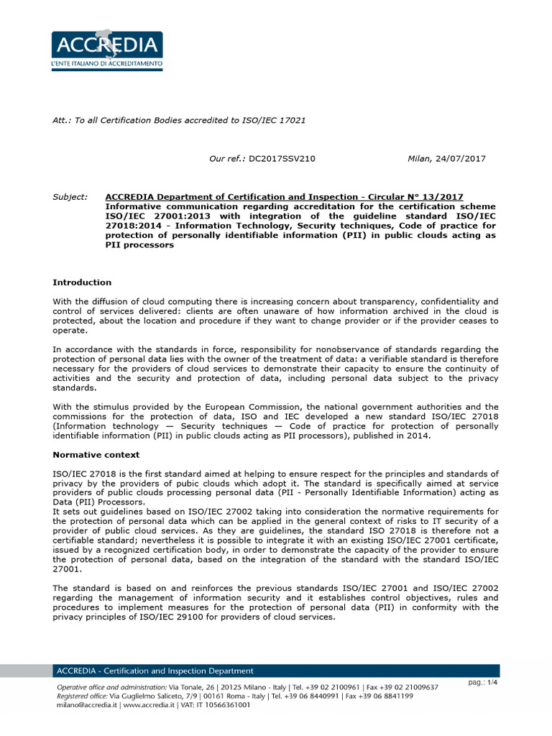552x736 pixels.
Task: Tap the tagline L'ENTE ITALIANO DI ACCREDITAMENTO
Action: [106, 65]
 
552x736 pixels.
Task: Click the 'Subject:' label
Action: [70, 197]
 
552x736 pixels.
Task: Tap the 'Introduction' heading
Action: [82, 282]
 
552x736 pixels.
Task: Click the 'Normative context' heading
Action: [96, 455]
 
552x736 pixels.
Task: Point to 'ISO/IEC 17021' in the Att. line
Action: [276, 120]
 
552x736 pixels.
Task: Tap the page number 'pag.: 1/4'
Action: [482, 682]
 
